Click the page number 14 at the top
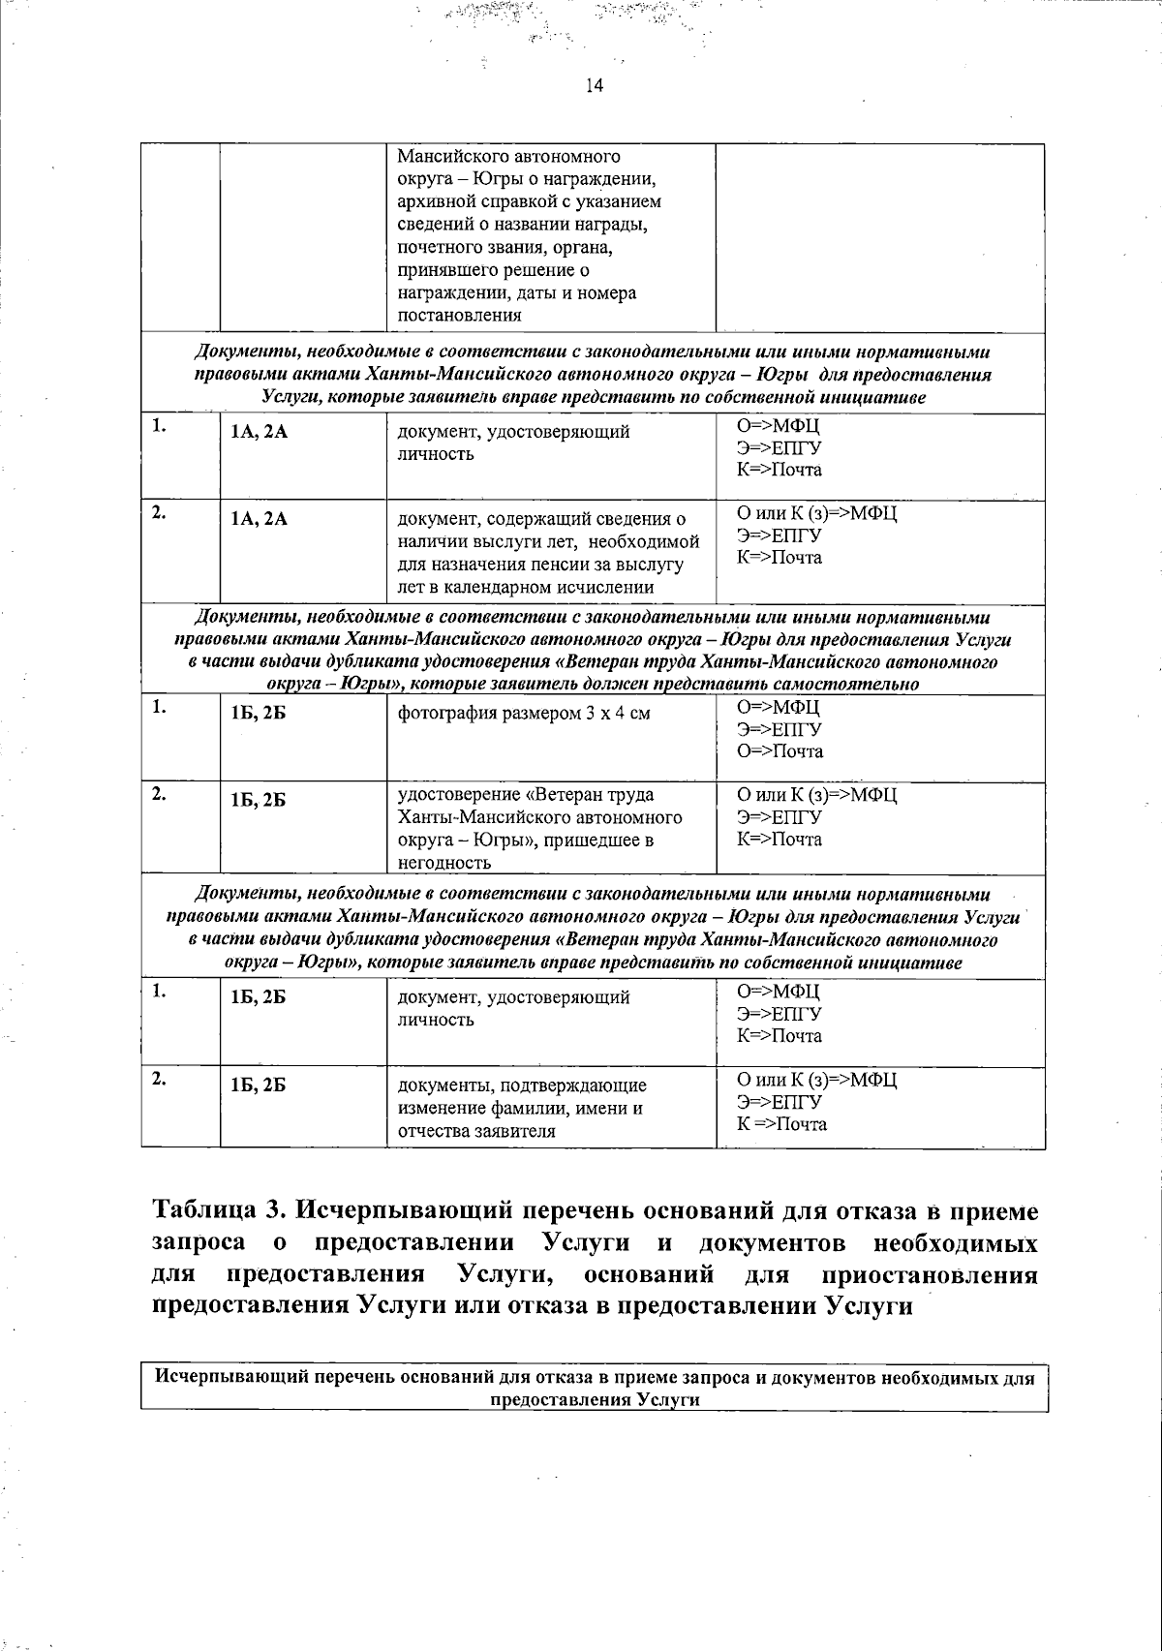coord(594,86)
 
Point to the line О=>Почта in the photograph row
coord(780,751)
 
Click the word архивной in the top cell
coord(435,201)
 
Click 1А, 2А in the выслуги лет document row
coord(259,519)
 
